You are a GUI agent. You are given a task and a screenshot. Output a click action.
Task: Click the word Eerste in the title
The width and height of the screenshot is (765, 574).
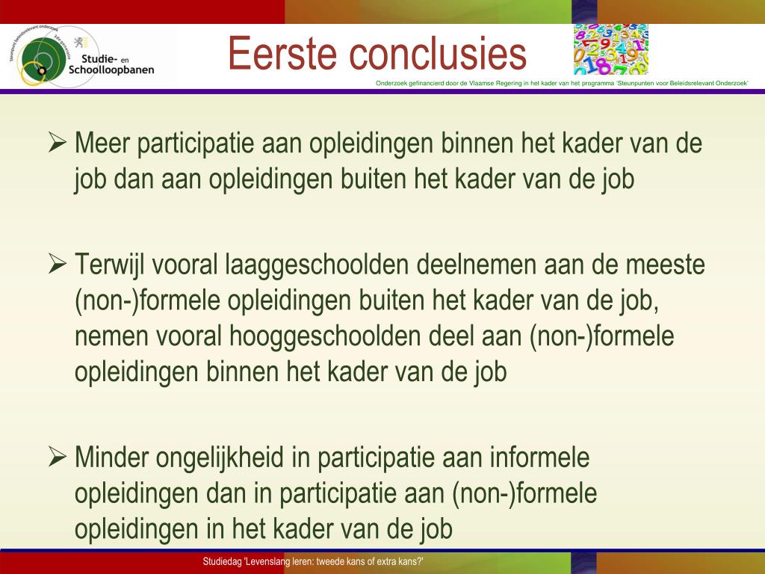click(282, 53)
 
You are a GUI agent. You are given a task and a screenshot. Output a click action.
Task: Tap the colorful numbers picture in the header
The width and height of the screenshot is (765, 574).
click(611, 49)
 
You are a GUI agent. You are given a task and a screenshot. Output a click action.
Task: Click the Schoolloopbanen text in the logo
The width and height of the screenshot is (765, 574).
click(111, 70)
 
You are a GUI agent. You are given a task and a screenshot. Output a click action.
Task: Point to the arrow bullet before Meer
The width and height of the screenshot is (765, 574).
click(58, 143)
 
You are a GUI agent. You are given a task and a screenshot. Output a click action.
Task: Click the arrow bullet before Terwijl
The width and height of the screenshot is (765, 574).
click(58, 264)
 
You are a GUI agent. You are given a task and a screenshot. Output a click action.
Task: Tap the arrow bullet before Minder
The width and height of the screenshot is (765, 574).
click(58, 457)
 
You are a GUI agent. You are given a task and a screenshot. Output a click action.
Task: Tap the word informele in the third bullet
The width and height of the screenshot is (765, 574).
click(539, 457)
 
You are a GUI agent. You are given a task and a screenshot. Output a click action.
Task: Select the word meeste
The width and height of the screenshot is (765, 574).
click(666, 265)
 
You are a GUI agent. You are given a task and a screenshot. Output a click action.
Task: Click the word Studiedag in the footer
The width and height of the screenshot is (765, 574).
click(222, 562)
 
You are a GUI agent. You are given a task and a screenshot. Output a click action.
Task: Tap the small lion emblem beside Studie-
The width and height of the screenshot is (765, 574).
click(78, 42)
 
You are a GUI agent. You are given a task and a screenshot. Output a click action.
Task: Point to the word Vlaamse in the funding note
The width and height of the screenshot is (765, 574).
click(483, 84)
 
